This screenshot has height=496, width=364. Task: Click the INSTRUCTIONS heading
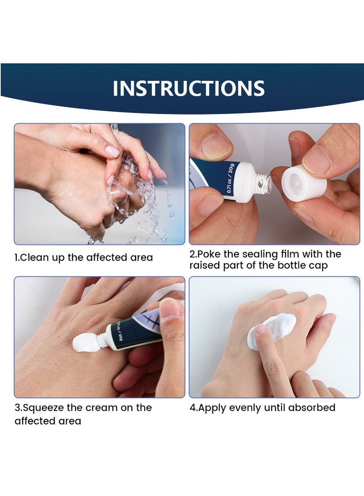tap(189, 88)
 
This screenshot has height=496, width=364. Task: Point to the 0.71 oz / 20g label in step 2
tap(230, 179)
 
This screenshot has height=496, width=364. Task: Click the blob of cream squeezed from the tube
tap(86, 343)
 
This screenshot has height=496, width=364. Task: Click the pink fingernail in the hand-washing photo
tap(113, 151)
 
